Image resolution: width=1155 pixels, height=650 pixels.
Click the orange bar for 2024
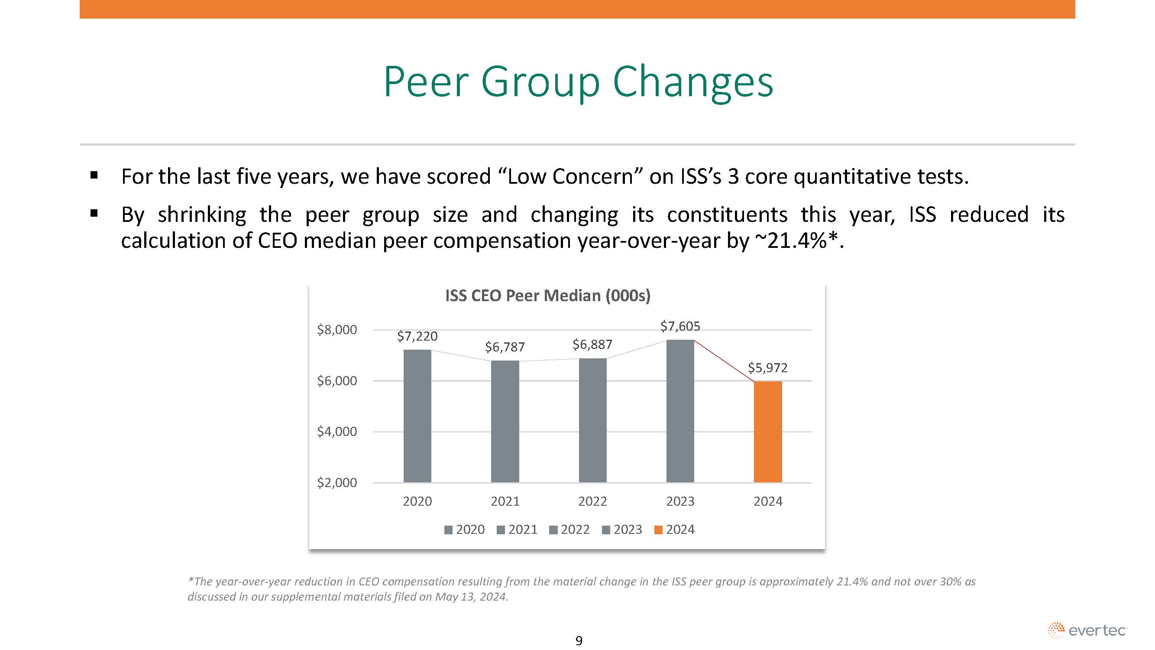tap(767, 432)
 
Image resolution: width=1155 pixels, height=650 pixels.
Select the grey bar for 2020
tap(417, 416)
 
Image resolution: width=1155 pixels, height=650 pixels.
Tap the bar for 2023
tap(680, 411)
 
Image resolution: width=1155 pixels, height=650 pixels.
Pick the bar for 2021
tap(505, 421)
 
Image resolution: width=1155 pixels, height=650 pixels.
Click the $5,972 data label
tap(767, 368)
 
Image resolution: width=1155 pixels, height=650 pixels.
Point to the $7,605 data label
tap(680, 326)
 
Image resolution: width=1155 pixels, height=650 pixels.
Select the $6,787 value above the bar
tap(505, 347)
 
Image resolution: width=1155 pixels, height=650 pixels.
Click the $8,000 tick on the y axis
tap(337, 330)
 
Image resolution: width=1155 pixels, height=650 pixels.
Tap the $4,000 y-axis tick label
tap(337, 432)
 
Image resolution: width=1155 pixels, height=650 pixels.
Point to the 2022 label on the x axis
tap(592, 501)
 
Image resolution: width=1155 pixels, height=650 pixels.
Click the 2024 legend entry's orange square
tap(658, 530)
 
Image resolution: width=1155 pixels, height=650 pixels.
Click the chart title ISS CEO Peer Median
tap(547, 296)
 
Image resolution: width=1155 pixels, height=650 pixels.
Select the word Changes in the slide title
tap(693, 82)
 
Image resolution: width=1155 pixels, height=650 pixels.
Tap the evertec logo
tap(1087, 630)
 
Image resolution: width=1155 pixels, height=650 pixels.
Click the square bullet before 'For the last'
tap(94, 175)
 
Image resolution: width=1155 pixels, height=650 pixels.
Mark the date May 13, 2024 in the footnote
tap(471, 597)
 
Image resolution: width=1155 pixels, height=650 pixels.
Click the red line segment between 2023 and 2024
tap(724, 361)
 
